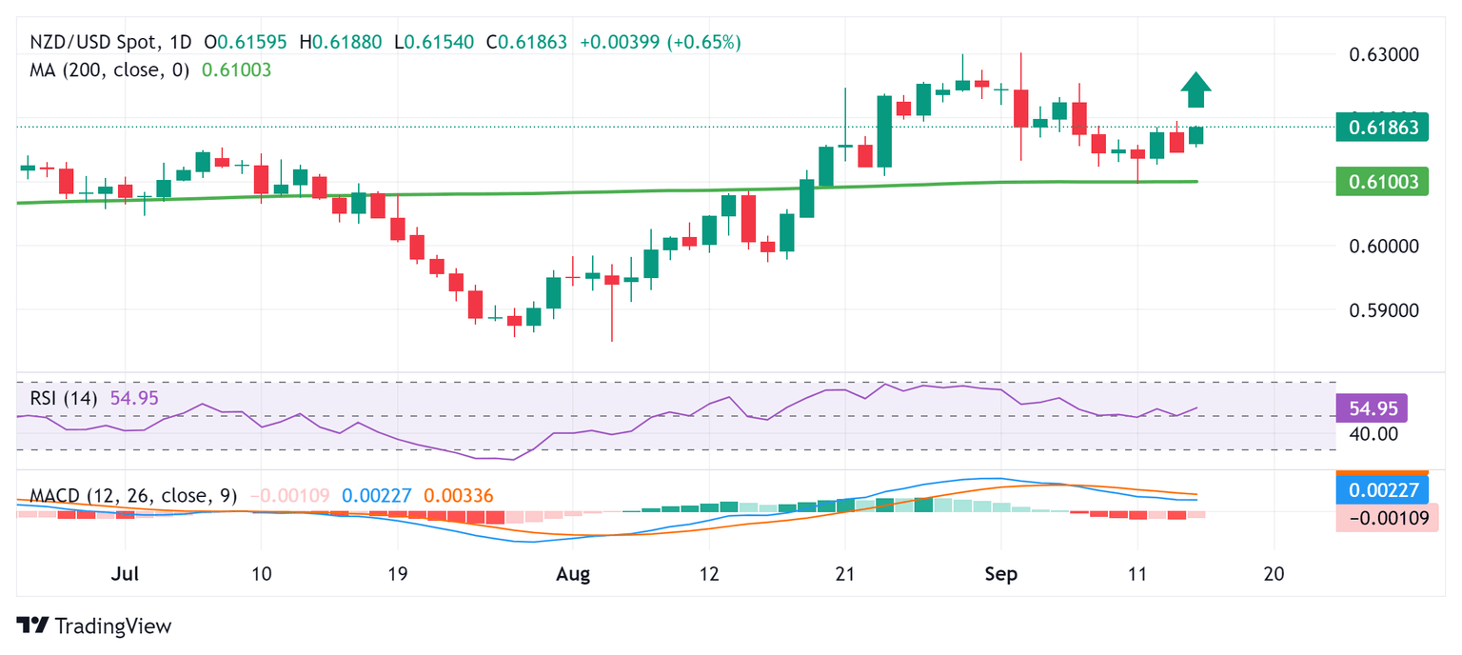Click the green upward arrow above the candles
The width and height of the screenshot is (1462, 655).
tap(1195, 90)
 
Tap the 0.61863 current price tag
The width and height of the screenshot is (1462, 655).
tap(1383, 127)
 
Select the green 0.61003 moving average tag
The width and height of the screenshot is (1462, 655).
tap(1383, 181)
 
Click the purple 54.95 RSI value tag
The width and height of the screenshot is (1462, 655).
tap(1372, 408)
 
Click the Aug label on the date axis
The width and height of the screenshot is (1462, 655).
tap(573, 575)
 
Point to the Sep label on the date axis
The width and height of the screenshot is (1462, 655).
tap(1000, 575)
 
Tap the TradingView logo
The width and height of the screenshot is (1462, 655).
tap(95, 625)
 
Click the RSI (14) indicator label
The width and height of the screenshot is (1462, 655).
tap(63, 398)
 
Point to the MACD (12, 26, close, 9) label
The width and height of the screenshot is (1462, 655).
tap(133, 496)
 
